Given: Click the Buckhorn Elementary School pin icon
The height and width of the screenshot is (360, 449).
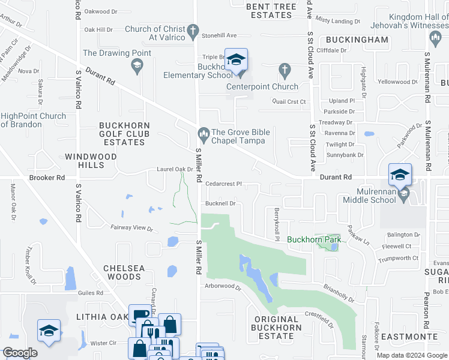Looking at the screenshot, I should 237,60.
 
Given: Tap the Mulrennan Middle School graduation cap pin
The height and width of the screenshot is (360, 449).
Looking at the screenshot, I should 400,175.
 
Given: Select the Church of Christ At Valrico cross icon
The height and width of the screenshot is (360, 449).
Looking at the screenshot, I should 193,29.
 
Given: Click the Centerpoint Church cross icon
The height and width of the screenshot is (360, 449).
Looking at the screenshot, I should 286,71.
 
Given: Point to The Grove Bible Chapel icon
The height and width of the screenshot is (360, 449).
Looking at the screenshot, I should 203,132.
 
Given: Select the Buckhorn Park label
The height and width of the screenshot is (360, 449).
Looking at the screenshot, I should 314,239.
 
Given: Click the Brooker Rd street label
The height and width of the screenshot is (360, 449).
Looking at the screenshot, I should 47,178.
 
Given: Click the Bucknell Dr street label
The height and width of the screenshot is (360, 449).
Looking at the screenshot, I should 220,203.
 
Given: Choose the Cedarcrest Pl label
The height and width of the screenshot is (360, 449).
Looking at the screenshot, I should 223,184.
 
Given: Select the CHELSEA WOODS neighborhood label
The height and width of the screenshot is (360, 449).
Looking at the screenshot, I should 122,272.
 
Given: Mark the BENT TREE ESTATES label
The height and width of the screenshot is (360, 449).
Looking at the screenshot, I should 271,11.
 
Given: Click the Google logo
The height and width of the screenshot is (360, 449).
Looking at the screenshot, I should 20,353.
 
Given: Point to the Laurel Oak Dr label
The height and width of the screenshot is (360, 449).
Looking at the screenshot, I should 175,169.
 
